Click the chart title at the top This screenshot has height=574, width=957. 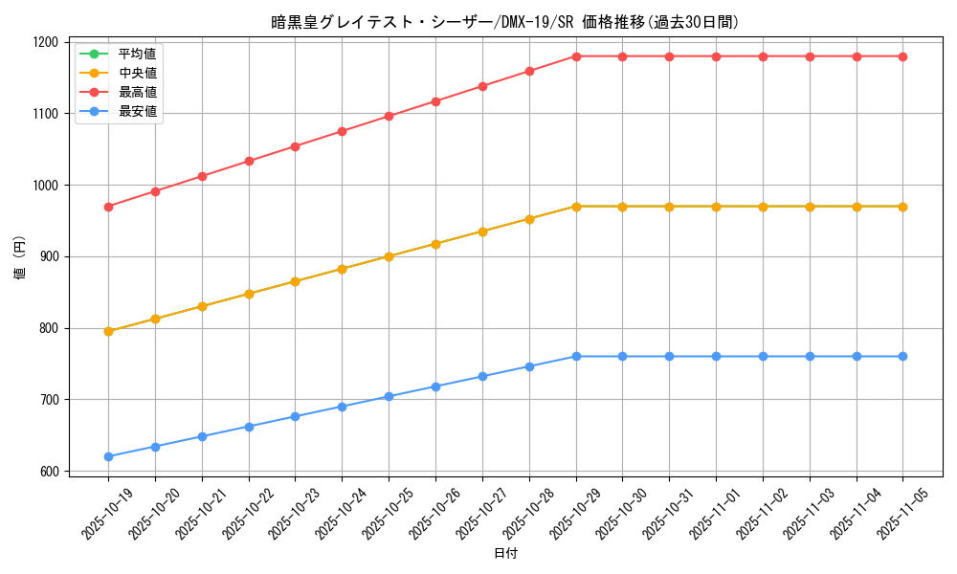click(x=505, y=22)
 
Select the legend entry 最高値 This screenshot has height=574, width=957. click(x=137, y=92)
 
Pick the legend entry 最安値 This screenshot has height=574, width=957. click(x=137, y=112)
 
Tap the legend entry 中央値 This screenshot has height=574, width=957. click(x=137, y=72)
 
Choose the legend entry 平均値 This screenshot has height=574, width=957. click(x=137, y=53)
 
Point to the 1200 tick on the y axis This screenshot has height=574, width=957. click(x=45, y=42)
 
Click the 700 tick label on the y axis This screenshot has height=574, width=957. click(x=48, y=400)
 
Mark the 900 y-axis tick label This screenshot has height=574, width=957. click(x=48, y=256)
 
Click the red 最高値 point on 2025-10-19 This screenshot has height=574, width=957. click(x=108, y=207)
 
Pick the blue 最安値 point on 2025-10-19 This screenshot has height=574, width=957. click(x=108, y=456)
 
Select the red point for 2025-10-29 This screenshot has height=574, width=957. click(x=576, y=56)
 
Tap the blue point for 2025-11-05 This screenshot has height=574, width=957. click(x=902, y=356)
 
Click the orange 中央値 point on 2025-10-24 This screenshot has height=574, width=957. click(x=342, y=269)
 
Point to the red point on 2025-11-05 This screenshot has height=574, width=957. click(x=902, y=56)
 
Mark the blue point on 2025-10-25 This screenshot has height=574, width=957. click(x=389, y=396)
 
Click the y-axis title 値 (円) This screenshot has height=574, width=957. click(x=20, y=256)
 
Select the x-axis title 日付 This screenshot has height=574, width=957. click(x=505, y=554)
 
